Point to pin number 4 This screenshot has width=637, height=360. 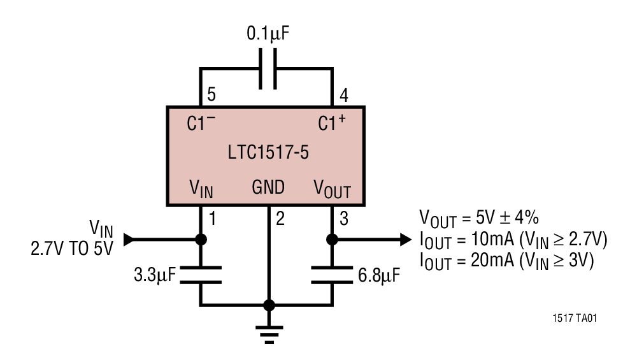[x=343, y=96]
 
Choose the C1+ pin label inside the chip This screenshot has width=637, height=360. [x=332, y=123]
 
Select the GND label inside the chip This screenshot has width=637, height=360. [x=268, y=187]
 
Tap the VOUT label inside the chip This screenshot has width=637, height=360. [x=331, y=189]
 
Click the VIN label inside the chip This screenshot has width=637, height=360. [x=201, y=189]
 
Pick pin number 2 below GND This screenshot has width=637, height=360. [x=280, y=219]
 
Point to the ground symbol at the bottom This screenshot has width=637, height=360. [x=269, y=333]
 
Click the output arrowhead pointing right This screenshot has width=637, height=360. [x=405, y=240]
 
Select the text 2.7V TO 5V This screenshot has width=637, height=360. [x=71, y=248]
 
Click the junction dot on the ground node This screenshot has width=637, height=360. [x=269, y=305]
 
